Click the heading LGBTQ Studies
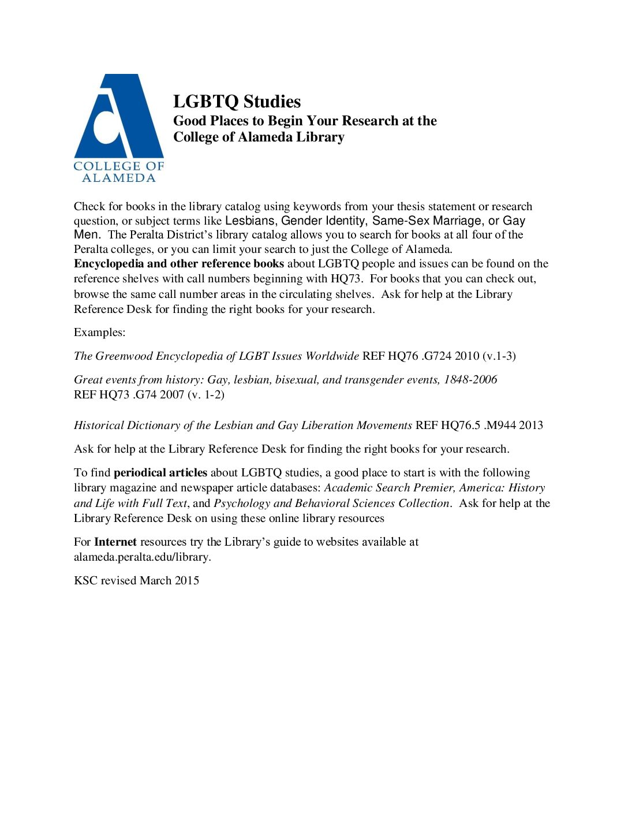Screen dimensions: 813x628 237,102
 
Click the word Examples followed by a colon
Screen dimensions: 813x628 98,333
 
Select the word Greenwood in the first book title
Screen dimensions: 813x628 124,356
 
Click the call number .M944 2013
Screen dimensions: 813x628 513,426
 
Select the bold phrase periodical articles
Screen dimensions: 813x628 160,473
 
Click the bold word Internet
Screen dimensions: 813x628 115,542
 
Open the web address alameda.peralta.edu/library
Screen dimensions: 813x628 142,557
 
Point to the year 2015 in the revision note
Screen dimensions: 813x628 186,581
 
